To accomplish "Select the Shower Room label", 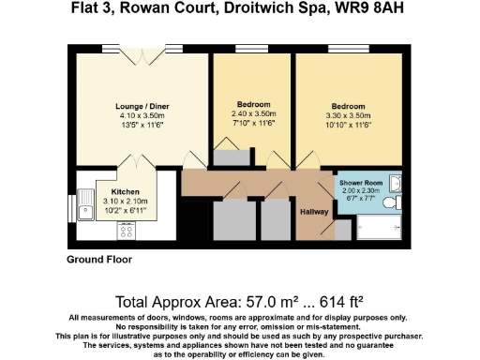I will click(360, 181).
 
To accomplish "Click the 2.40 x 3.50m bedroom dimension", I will click(254, 113).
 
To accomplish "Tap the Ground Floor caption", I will click(98, 259).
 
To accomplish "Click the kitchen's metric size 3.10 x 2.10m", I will click(118, 200).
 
